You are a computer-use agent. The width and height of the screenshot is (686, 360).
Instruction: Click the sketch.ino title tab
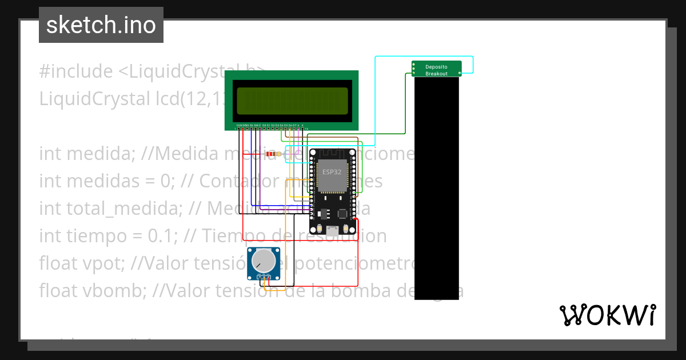pyautogui.click(x=101, y=25)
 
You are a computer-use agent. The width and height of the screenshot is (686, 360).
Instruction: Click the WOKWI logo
pyautogui.click(x=607, y=315)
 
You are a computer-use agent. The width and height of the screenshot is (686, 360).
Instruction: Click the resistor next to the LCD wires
pyautogui.click(x=274, y=154)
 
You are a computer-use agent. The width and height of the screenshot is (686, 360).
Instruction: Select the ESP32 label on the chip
pyautogui.click(x=332, y=171)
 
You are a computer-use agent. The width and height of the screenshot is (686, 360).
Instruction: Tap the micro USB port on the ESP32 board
pyautogui.click(x=332, y=230)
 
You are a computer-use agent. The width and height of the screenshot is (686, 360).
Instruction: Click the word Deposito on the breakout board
pyautogui.click(x=436, y=67)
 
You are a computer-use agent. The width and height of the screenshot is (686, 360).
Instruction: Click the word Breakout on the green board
pyautogui.click(x=436, y=74)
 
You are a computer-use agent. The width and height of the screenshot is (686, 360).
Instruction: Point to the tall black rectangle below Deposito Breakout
pyautogui.click(x=436, y=189)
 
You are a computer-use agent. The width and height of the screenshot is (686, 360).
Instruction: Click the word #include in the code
pyautogui.click(x=76, y=72)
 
